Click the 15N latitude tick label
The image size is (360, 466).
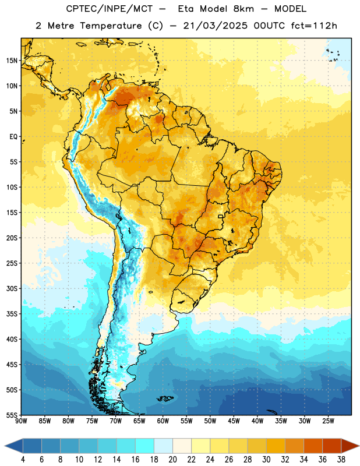pos(12,61)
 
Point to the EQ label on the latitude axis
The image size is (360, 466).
pos(13,137)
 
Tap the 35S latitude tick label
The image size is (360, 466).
pos(12,314)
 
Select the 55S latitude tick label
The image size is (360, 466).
pos(12,415)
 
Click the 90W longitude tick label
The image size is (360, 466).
pos(21,421)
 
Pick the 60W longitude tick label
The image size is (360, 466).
pos(163,421)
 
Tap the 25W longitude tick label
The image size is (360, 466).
pos(328,421)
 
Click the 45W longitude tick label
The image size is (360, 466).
pos(234,421)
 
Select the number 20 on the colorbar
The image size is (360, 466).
pos(172,460)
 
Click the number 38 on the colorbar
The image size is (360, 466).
pos(341,460)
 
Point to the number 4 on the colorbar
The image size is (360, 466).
pos(23,460)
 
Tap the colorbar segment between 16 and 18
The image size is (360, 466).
pos(145,446)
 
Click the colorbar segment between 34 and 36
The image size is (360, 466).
pos(313,446)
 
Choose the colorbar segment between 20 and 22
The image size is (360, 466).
pos(182,446)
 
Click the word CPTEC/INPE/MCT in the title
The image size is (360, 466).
pos(110,9)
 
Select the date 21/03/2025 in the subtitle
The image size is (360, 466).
pos(215,26)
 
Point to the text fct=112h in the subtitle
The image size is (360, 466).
pos(314,26)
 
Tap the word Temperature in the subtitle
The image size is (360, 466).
pos(111,26)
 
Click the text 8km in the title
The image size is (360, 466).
pos(243,9)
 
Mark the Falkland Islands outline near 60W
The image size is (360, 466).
pos(165,398)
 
